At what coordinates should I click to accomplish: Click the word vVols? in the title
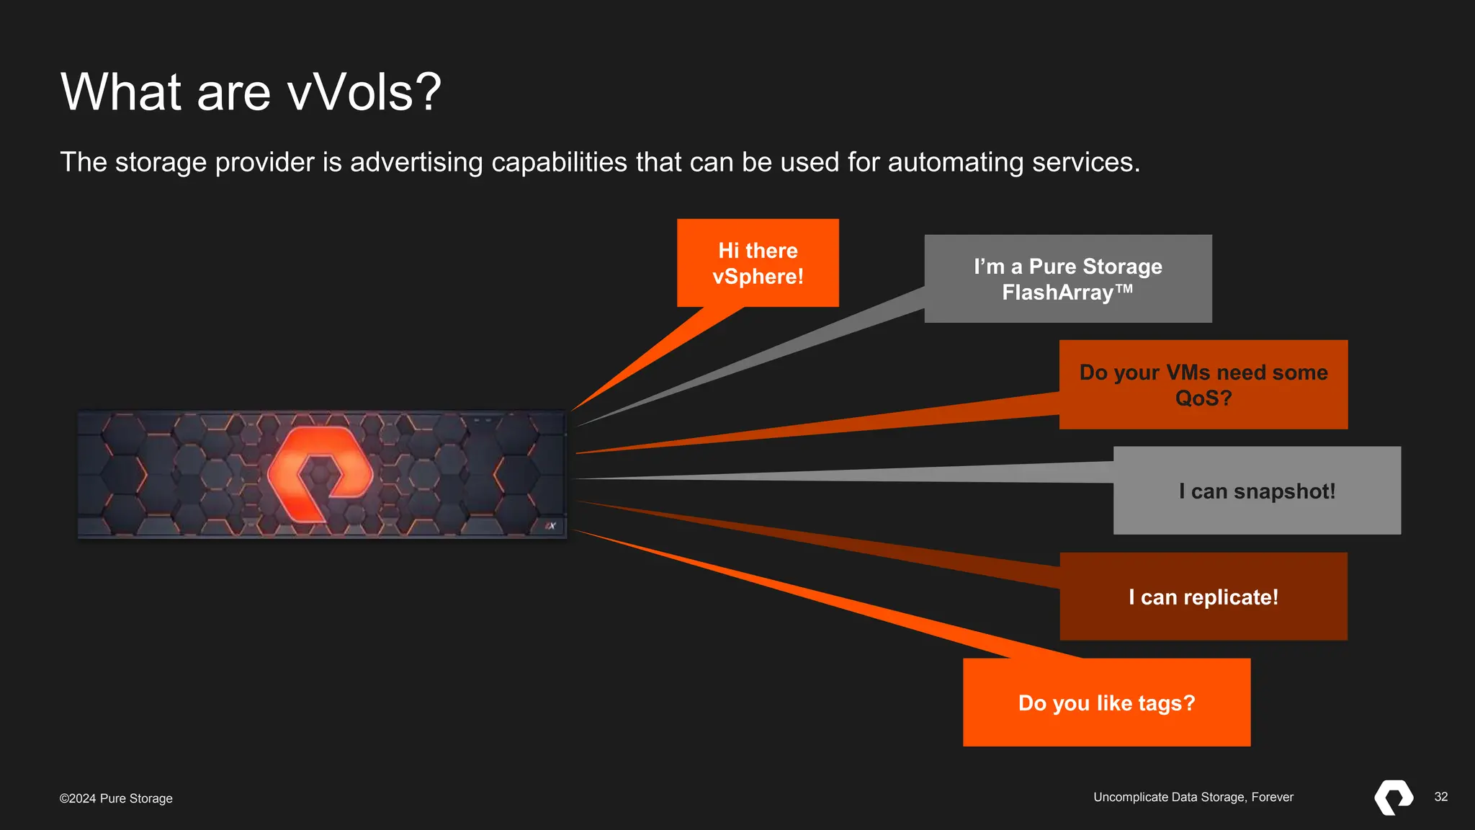tap(363, 92)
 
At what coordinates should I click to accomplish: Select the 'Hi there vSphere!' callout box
tap(758, 263)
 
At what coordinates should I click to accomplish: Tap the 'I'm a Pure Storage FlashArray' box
tap(1067, 279)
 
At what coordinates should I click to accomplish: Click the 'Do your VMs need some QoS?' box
tap(1203, 385)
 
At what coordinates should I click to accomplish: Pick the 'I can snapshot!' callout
tap(1257, 491)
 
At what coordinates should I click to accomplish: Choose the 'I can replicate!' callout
tap(1203, 597)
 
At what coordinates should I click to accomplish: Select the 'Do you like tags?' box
tap(1106, 702)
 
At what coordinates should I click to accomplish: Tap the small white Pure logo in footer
tap(1393, 797)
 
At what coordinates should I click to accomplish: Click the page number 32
tap(1440, 797)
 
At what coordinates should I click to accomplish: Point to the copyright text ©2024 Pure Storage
tap(116, 798)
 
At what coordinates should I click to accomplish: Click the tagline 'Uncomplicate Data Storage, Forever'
tap(1193, 797)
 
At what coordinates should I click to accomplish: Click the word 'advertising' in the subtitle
tap(416, 162)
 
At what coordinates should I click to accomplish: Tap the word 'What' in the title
tap(121, 92)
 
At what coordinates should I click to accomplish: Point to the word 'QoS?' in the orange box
tap(1203, 398)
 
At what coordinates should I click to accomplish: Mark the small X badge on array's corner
tap(550, 526)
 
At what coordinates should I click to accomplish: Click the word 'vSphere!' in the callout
tap(758, 277)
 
